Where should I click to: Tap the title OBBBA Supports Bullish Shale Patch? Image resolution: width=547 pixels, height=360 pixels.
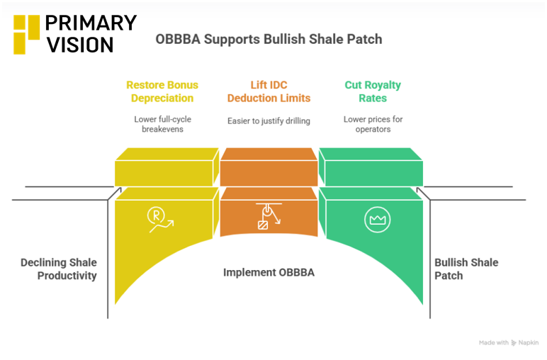pyautogui.click(x=269, y=39)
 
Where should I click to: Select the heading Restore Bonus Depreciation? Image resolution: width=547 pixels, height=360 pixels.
pyautogui.click(x=162, y=91)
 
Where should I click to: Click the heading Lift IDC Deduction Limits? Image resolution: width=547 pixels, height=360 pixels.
pyautogui.click(x=269, y=91)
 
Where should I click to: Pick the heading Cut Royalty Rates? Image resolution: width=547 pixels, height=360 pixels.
pyautogui.click(x=373, y=91)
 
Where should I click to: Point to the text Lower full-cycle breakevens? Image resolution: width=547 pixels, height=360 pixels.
pyautogui.click(x=162, y=124)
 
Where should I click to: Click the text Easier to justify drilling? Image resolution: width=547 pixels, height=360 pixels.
pyautogui.click(x=269, y=120)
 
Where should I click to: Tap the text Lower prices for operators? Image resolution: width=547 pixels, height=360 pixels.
pyautogui.click(x=373, y=124)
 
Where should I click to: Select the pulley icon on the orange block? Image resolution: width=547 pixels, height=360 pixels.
pyautogui.click(x=268, y=215)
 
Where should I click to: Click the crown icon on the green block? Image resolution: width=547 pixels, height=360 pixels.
pyautogui.click(x=377, y=220)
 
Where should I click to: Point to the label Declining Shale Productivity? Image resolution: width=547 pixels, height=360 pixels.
pyautogui.click(x=59, y=269)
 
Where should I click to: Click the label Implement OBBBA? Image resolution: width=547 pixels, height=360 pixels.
pyautogui.click(x=269, y=272)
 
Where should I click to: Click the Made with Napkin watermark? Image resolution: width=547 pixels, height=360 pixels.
pyautogui.click(x=508, y=342)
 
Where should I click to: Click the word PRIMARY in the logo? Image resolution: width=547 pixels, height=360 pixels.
pyautogui.click(x=90, y=23)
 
